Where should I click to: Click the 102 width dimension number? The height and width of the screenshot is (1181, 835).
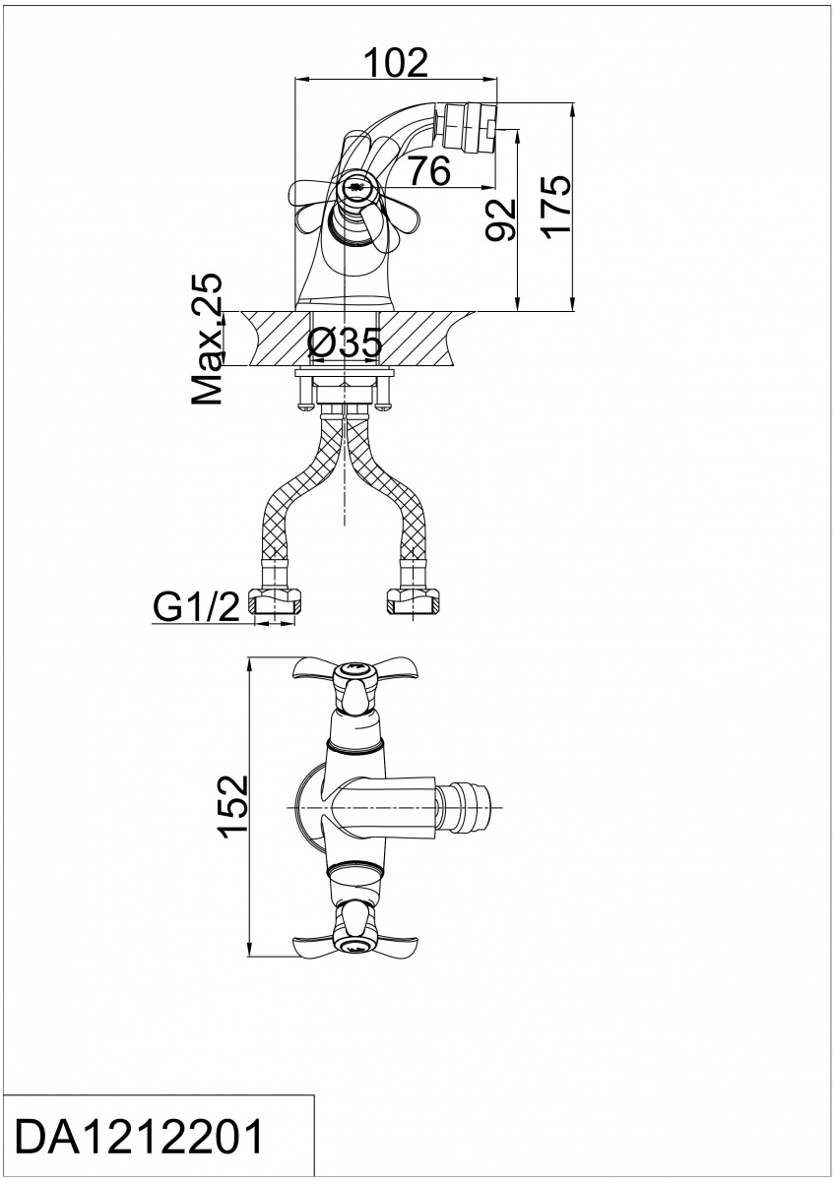[396, 62]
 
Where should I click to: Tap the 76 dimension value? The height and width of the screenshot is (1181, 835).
[430, 170]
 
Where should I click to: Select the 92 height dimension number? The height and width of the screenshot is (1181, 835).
[499, 219]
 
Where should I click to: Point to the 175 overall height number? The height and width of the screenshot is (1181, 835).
[555, 208]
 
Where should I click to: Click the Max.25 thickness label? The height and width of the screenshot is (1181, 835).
[207, 339]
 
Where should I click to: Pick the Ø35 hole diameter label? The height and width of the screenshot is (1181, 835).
[344, 342]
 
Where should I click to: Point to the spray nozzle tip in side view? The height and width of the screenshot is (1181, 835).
[471, 126]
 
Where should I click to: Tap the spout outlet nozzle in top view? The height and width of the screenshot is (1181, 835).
[465, 808]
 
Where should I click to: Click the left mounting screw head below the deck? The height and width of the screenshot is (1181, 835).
[305, 405]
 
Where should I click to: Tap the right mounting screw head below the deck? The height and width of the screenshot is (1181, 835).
[384, 405]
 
